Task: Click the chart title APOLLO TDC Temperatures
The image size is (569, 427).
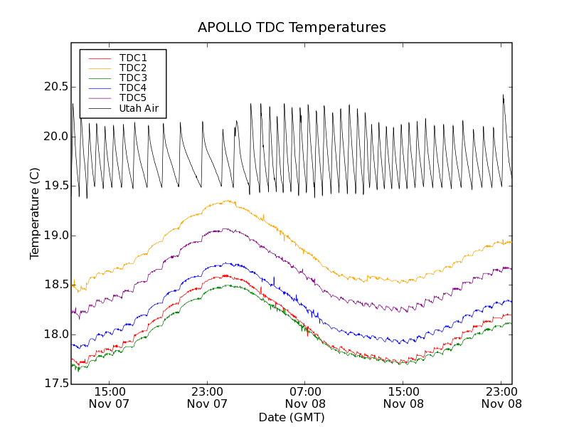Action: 292,28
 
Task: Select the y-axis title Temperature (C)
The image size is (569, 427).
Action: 35,213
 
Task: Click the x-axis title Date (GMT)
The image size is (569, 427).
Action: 292,417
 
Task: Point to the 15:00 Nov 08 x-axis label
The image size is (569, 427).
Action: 403,397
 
